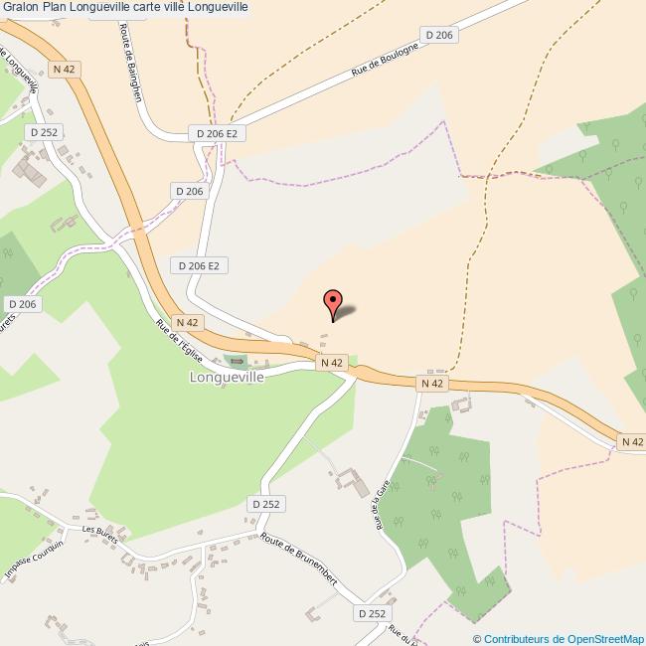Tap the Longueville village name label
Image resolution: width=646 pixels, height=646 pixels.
(227, 378)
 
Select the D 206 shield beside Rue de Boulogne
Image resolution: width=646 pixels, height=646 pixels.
(439, 36)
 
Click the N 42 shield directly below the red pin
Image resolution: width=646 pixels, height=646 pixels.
(332, 364)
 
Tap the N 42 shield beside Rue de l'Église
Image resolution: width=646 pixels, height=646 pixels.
(188, 323)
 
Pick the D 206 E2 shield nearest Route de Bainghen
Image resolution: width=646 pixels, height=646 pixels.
(216, 133)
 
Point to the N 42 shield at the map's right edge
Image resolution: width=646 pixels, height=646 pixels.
(631, 441)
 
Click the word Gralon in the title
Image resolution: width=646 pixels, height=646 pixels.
(20, 8)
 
